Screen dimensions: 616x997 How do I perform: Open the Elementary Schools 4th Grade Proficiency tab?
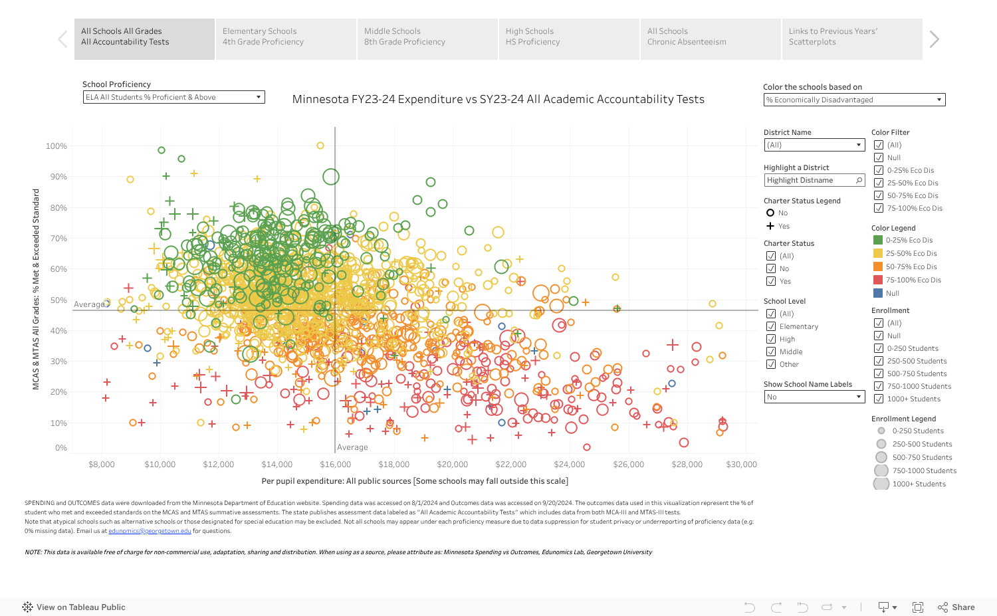(x=285, y=39)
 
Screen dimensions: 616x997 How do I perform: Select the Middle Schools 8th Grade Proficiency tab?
(x=427, y=39)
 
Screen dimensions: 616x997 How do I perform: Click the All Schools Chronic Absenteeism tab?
(x=710, y=39)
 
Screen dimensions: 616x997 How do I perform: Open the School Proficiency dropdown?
(x=173, y=97)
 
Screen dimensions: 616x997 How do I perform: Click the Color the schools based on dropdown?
(x=854, y=100)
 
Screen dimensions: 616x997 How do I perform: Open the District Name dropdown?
(x=814, y=145)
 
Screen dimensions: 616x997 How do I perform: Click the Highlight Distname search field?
(x=811, y=180)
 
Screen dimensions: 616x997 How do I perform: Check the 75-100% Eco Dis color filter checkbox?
(x=879, y=208)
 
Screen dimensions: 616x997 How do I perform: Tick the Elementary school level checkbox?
(x=771, y=326)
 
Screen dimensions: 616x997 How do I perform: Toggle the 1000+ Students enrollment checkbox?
(x=879, y=399)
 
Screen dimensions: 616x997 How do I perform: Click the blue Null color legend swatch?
(x=878, y=293)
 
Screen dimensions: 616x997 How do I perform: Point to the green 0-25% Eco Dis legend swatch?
(x=878, y=240)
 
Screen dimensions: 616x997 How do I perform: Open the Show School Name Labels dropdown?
(x=814, y=397)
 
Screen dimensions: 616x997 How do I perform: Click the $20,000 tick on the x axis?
(x=452, y=464)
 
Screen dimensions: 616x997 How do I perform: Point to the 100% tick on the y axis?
(x=56, y=146)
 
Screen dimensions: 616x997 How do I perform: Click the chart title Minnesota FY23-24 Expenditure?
(x=498, y=99)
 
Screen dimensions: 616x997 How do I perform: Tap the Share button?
(x=956, y=607)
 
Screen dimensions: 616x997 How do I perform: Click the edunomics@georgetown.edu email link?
(x=150, y=531)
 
